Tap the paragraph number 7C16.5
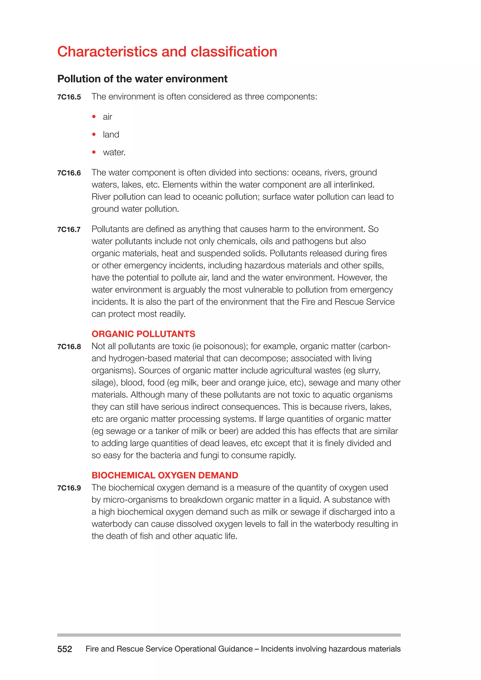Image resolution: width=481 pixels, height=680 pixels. tap(69, 97)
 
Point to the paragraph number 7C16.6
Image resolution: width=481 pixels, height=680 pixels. tap(69, 173)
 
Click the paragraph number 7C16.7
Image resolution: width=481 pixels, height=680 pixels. tap(69, 230)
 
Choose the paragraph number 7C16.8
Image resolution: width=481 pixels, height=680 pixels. tap(69, 347)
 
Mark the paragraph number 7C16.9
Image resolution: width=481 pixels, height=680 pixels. tap(69, 488)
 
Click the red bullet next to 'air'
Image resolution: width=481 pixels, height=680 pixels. tap(94, 117)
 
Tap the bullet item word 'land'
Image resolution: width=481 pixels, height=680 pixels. tap(111, 135)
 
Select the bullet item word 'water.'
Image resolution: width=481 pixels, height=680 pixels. tap(114, 153)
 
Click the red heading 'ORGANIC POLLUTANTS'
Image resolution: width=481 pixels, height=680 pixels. tap(143, 334)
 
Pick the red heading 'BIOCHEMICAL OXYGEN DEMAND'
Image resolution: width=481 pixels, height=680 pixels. tap(165, 475)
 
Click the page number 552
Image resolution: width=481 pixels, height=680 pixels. tap(65, 649)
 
